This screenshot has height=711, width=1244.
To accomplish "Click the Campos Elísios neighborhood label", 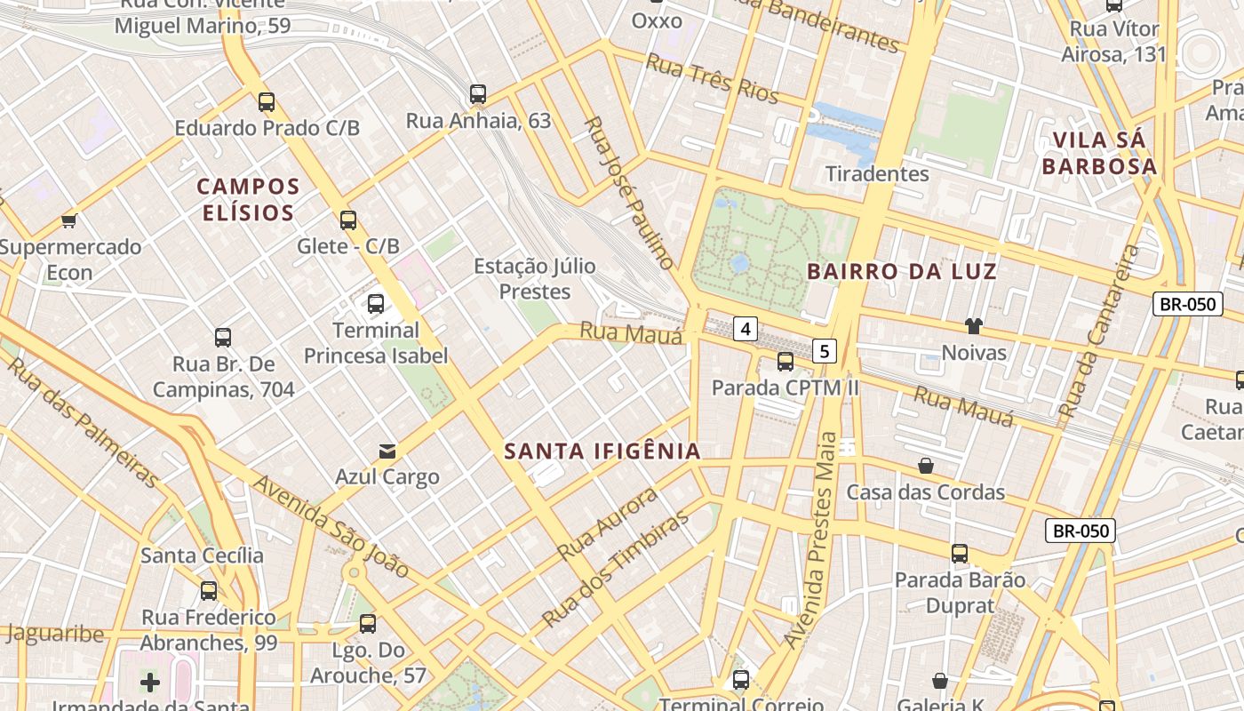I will point(248,199).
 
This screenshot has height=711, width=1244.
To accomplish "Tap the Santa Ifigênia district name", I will point(602,451).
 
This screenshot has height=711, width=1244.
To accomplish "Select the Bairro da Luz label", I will point(902,271).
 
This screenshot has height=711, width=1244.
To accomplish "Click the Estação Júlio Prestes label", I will point(534,278).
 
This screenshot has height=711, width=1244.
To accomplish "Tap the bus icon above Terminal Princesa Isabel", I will point(376,304).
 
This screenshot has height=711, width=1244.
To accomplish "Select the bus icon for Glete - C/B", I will point(348,220).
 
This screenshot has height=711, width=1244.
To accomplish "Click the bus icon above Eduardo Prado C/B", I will point(267,101).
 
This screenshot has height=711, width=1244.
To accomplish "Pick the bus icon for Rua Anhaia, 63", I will point(478,93).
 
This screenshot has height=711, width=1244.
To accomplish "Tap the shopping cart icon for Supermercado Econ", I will point(68,220).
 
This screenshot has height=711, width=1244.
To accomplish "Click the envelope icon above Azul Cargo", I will point(387,451).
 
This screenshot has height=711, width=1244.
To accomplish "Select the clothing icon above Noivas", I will point(974,326).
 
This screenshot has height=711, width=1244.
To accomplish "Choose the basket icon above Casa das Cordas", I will point(926,466).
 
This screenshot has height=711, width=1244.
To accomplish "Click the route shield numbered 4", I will point(745,330).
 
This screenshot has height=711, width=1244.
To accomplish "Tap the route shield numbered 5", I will point(825,351).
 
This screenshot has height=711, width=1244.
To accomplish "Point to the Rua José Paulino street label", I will point(630,191).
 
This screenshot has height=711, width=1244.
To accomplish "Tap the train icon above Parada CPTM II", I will point(785,362).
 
